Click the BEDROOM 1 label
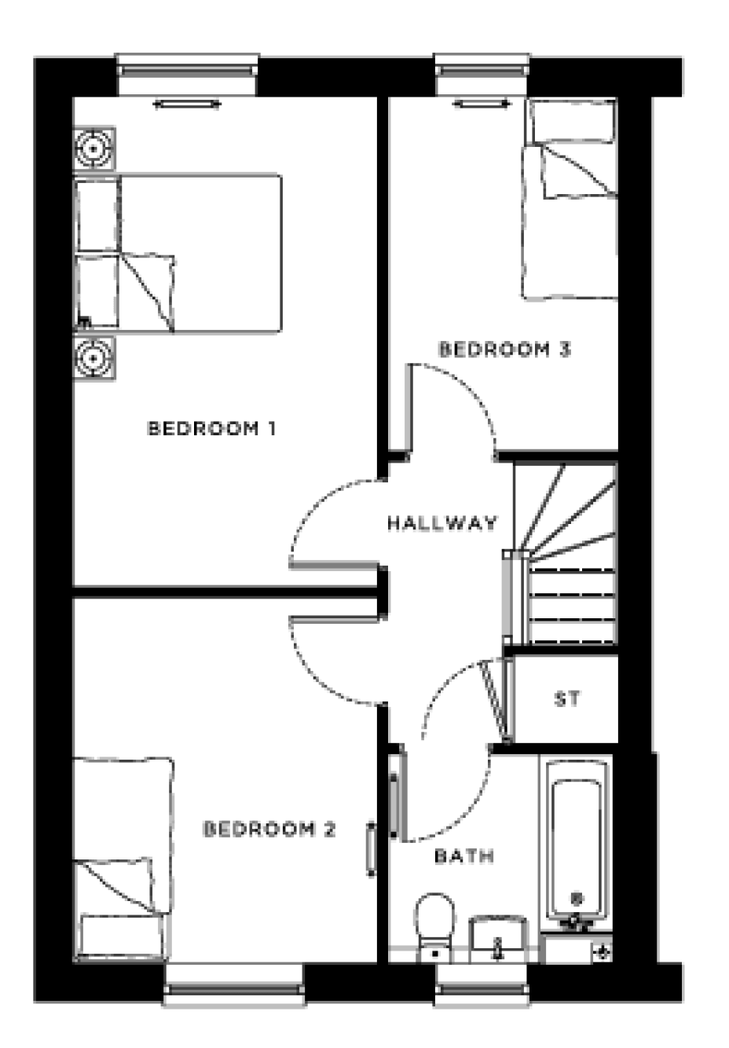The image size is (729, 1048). coord(211,429)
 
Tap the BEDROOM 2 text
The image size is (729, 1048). coord(269,830)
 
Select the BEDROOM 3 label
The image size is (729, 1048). coord(504,349)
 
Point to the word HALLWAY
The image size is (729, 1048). coord(442,522)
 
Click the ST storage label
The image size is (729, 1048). coord(567,698)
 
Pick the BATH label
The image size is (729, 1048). coord(464,856)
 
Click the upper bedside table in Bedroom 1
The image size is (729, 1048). coord(94,148)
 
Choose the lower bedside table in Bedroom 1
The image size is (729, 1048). coord(94,358)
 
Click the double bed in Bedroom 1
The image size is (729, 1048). coord(178,252)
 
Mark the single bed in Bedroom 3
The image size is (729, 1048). coord(570,200)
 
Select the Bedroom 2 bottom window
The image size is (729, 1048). coord(234,984)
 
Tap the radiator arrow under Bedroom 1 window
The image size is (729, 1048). coord(186,104)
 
